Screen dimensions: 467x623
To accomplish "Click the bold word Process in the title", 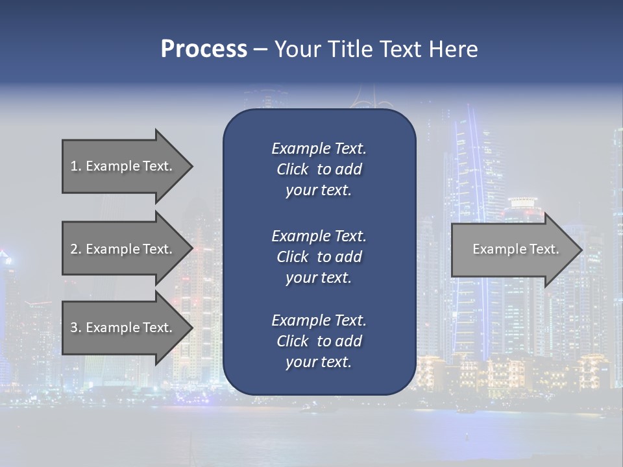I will tap(204, 49).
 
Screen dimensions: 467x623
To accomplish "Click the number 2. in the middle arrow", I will tap(76, 249).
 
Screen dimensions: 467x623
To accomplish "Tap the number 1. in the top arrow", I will tap(76, 166).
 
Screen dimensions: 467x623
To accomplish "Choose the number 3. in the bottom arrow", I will tap(76, 328).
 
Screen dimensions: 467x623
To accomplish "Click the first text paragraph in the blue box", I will tap(319, 169).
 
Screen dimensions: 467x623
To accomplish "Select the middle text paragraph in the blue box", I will tap(319, 256).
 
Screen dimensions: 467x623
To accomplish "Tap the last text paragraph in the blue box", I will tap(319, 341).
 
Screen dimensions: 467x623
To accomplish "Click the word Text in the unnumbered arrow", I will tap(544, 249).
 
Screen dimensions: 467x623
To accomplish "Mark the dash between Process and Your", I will tap(260, 49).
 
